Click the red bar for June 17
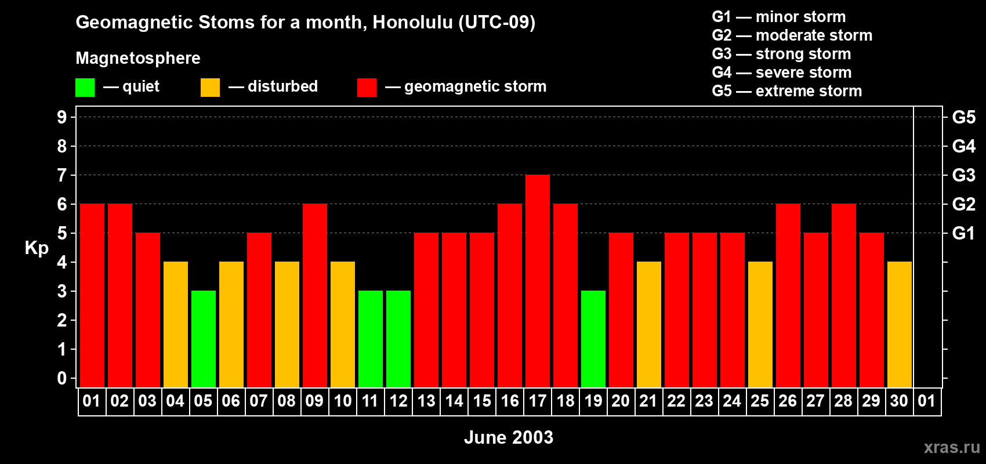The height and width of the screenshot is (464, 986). pos(538,281)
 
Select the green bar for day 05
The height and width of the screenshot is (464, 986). pos(204,339)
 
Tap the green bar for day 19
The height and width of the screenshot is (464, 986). pos(593,339)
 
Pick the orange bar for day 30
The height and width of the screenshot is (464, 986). pos(900,324)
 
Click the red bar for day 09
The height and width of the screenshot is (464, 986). pos(315,295)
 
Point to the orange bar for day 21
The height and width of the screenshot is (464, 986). pos(649,324)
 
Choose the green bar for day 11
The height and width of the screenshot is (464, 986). pos(371,339)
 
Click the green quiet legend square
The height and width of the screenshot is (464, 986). pos(85,88)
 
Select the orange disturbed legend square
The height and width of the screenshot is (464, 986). pos(210,88)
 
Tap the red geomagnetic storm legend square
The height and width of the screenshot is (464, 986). pos(367,88)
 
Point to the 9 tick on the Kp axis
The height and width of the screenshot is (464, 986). pos(62,117)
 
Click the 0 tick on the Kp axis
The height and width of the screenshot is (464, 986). pos(62,379)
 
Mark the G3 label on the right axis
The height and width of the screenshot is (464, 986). pos(963,175)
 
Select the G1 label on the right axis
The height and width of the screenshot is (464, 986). pos(963,233)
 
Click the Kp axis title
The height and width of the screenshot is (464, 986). pos(37,248)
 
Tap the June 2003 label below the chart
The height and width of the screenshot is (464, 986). pos(509,437)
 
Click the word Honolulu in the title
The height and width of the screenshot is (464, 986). pos(412,22)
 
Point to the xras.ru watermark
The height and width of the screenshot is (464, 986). pos(952,447)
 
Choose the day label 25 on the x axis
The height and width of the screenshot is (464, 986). pos(760,401)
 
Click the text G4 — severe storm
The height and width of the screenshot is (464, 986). pos(782,72)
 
